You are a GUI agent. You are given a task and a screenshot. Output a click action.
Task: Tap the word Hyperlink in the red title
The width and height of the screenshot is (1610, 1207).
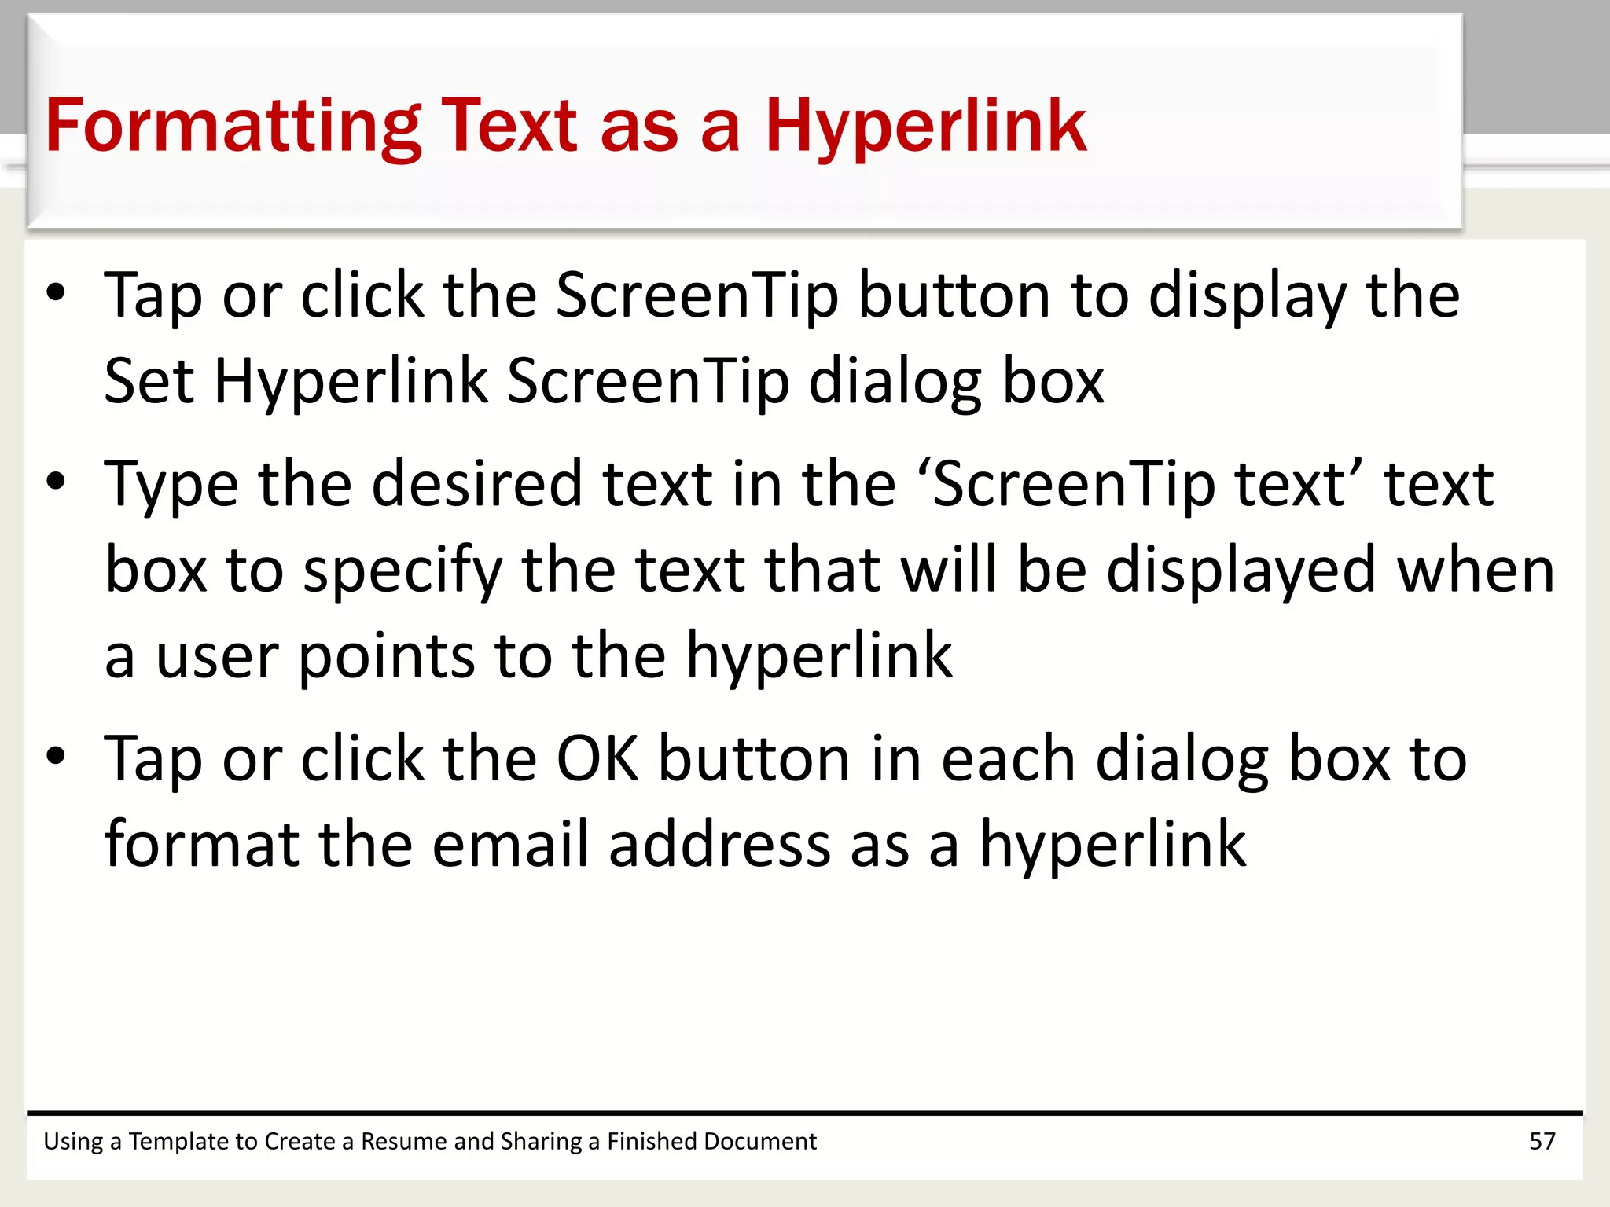click(925, 126)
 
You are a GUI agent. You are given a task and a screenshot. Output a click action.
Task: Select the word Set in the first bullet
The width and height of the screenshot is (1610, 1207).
click(149, 380)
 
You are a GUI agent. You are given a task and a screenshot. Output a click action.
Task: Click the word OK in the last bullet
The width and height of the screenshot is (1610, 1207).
click(597, 758)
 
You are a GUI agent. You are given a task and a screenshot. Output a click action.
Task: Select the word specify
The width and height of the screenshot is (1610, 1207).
click(402, 570)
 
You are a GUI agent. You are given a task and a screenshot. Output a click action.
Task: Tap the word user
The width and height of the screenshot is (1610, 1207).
click(217, 656)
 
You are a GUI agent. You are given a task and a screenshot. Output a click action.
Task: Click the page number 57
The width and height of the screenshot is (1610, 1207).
click(1542, 1141)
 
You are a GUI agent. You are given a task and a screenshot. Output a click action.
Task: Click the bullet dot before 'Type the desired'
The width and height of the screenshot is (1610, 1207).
click(56, 481)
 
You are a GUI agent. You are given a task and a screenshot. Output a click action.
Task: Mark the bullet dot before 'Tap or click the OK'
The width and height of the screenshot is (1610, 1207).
click(56, 755)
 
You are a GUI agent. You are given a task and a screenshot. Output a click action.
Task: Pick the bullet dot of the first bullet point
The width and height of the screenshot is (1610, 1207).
click(56, 292)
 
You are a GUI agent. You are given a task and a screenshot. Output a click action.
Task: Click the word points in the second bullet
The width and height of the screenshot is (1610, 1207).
click(386, 656)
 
